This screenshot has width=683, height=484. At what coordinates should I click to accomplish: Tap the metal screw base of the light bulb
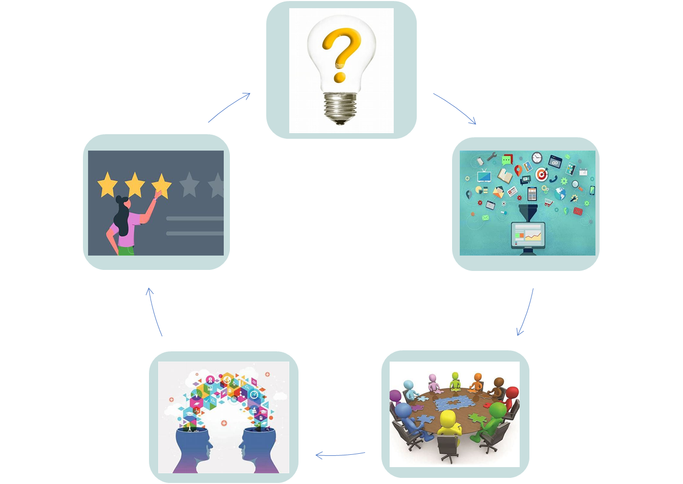pos(340,106)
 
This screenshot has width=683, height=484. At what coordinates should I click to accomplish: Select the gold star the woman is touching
pos(161,185)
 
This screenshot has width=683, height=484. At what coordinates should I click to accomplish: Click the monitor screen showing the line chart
pos(527,236)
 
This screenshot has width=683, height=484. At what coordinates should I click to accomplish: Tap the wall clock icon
pos(537,158)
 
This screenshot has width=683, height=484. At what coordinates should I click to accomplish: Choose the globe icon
pos(560,194)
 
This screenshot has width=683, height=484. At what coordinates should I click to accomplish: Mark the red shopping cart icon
pos(548,202)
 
